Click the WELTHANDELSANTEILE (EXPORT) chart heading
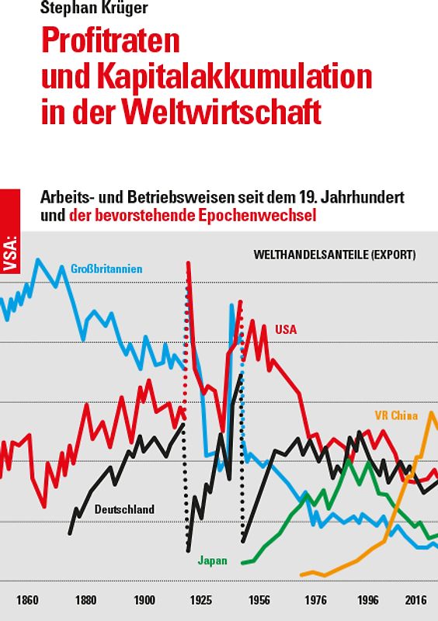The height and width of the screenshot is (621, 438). click(x=334, y=255)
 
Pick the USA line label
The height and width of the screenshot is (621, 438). click(x=286, y=329)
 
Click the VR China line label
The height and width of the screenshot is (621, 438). click(x=396, y=415)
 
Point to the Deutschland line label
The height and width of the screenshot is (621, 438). click(x=124, y=509)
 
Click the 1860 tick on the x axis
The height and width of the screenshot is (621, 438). click(x=28, y=600)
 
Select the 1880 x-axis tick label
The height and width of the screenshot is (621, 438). click(x=86, y=600)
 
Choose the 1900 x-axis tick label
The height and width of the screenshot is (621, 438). click(x=144, y=600)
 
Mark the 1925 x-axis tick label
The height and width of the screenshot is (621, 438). click(x=201, y=600)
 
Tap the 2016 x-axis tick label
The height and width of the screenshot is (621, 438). click(x=416, y=600)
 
